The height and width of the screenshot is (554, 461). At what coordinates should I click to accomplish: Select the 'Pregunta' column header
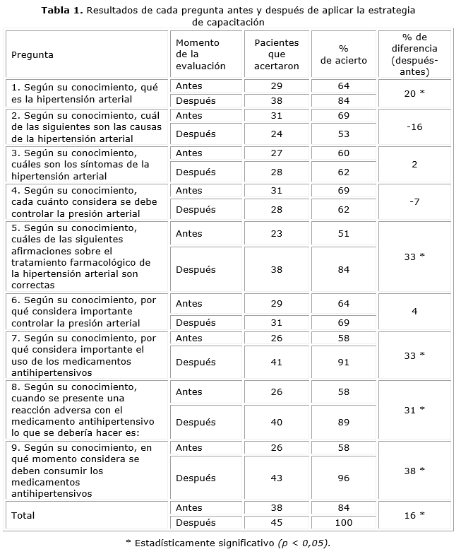click(x=32, y=54)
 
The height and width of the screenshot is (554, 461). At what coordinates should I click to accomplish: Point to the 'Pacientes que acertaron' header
click(x=277, y=54)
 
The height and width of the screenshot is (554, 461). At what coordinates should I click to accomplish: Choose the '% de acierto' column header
click(x=344, y=54)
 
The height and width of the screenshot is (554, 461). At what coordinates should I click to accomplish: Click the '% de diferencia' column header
click(x=414, y=54)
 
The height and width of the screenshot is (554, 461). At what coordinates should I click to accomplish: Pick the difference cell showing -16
click(x=414, y=127)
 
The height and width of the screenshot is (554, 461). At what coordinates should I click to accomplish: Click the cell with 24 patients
click(x=277, y=134)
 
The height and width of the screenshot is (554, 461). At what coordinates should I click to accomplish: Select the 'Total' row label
click(x=25, y=515)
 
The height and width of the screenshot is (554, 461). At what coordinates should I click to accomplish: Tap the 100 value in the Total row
click(x=344, y=523)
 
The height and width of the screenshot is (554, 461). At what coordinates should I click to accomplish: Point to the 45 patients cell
click(x=277, y=523)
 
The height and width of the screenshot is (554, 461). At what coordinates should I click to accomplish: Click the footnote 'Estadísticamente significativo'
click(x=228, y=543)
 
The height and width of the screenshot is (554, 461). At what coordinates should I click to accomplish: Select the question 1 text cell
click(x=88, y=93)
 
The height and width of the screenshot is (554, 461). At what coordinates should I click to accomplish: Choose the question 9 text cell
click(x=88, y=470)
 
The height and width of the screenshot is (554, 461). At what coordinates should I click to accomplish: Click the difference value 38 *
click(x=414, y=470)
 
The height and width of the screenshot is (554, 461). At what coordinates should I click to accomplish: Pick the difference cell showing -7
click(x=414, y=201)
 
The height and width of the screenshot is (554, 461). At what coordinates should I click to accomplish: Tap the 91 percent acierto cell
click(x=344, y=362)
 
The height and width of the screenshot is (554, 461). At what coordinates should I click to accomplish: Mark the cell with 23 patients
click(x=277, y=233)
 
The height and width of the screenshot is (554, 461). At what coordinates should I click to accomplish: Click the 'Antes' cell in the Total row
click(x=189, y=507)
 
